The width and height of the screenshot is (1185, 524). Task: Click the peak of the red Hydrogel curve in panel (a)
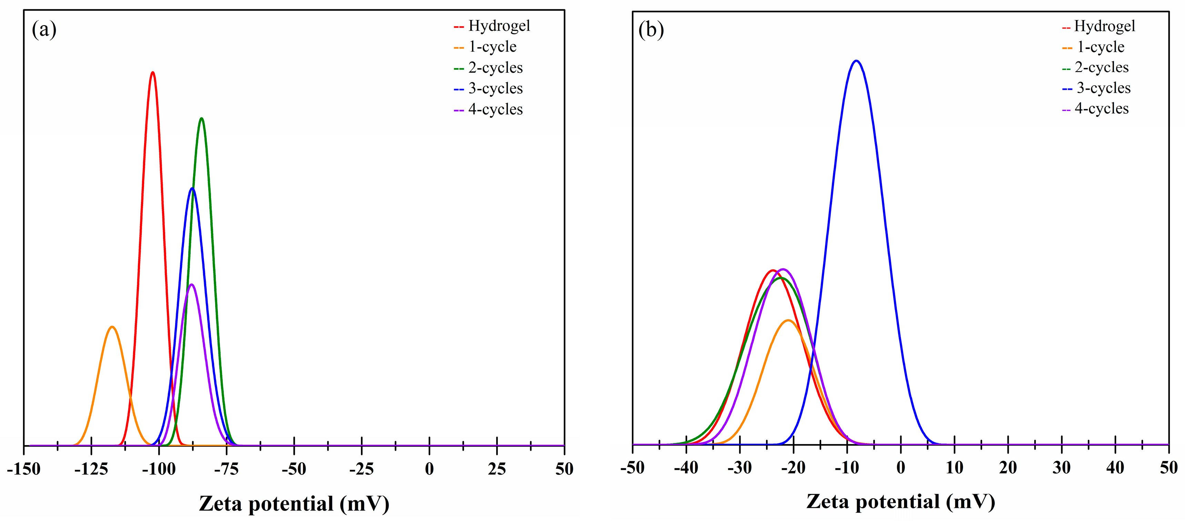153,73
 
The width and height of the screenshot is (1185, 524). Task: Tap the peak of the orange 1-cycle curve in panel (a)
112,327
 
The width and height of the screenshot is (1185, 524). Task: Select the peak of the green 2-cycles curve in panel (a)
201,119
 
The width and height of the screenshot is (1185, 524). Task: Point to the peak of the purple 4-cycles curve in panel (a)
191,285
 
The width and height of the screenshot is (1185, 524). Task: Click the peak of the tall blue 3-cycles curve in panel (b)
856,61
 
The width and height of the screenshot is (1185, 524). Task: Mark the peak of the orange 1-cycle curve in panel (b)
789,320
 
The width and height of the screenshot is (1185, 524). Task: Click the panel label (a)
44,30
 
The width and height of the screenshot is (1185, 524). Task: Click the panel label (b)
651,30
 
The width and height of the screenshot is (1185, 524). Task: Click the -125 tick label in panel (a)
91,469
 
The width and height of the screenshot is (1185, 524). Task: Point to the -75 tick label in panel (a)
226,469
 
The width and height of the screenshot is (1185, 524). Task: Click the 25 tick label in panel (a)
497,469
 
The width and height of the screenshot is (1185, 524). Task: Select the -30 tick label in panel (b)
740,468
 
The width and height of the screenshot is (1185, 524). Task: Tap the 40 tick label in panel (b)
1115,468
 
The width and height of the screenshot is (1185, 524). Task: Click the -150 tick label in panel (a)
24,469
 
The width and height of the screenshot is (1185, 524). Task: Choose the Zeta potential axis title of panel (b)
900,502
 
